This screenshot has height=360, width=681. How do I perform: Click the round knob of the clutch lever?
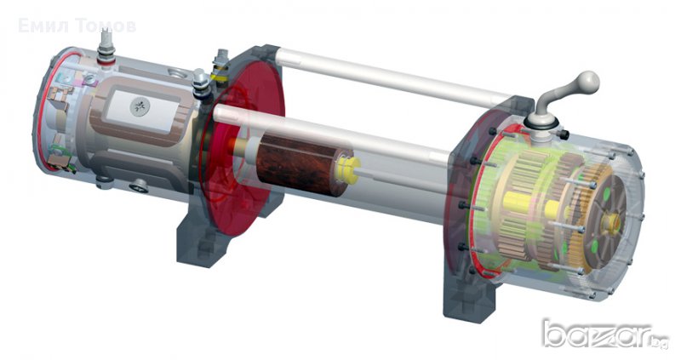(588, 81)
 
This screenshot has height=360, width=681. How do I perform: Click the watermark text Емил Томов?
(77, 26)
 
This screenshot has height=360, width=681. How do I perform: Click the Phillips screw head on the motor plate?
(140, 106)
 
